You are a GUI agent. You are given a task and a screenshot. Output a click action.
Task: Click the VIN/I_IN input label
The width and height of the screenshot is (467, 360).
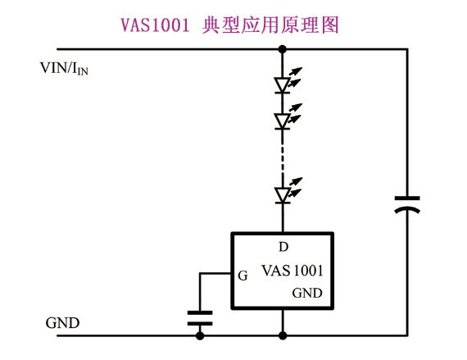[x=64, y=68]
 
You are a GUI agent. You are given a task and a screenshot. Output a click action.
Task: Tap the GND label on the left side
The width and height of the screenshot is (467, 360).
[x=62, y=323]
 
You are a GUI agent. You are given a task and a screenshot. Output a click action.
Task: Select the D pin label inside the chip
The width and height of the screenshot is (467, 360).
[x=283, y=247]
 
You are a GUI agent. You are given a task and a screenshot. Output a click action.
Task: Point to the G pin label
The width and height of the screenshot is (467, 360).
[x=243, y=276]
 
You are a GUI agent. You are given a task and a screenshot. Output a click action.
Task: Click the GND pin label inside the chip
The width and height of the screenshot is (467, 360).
[x=307, y=294]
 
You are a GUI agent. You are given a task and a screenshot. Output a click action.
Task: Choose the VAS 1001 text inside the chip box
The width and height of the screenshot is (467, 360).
[x=292, y=271]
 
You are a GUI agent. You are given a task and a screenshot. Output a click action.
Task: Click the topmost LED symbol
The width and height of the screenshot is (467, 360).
[x=283, y=85]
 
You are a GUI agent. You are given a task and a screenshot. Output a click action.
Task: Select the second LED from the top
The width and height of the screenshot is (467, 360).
[x=283, y=121]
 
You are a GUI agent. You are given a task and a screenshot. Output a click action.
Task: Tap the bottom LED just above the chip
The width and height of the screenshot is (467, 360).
[x=283, y=195]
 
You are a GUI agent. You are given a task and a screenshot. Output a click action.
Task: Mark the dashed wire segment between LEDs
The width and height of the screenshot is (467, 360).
[x=283, y=157]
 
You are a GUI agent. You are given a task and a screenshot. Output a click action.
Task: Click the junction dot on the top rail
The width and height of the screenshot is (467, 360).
[x=283, y=49]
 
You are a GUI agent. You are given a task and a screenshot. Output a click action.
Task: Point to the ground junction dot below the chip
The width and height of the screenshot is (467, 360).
[x=283, y=335]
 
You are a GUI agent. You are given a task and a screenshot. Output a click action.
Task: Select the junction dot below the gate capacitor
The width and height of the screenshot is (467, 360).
[x=200, y=335]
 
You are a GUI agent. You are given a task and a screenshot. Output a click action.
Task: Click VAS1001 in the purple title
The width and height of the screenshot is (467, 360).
[x=155, y=25]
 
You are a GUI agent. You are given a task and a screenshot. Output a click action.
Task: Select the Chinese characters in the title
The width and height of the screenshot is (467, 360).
[x=270, y=25]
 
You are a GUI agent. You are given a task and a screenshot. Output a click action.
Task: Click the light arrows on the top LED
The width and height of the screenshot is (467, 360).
[x=295, y=77]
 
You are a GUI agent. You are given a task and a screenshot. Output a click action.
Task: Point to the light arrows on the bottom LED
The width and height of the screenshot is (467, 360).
[x=295, y=187]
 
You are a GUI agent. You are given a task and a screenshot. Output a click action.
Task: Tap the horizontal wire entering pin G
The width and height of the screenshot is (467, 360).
[x=216, y=273]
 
